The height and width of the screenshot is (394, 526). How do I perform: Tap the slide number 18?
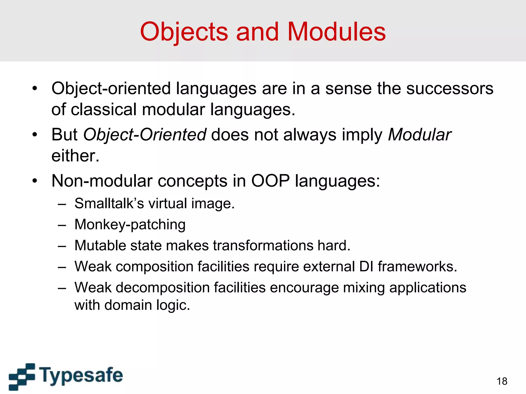point(502,381)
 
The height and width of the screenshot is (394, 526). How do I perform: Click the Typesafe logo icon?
point(22,376)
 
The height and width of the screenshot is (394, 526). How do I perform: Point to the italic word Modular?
point(419,134)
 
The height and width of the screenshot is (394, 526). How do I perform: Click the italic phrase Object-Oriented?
point(145,134)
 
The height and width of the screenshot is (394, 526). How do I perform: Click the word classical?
point(104,110)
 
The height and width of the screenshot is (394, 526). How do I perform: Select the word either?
point(75,156)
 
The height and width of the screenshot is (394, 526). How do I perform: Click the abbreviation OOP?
point(270,181)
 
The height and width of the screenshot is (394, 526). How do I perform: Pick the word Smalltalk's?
point(109,203)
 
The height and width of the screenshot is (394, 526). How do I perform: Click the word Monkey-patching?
point(130,224)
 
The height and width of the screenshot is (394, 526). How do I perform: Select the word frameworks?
point(417,267)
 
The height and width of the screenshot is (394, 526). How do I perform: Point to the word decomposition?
point(162,288)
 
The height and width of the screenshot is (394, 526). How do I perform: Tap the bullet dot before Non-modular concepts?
point(35,181)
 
